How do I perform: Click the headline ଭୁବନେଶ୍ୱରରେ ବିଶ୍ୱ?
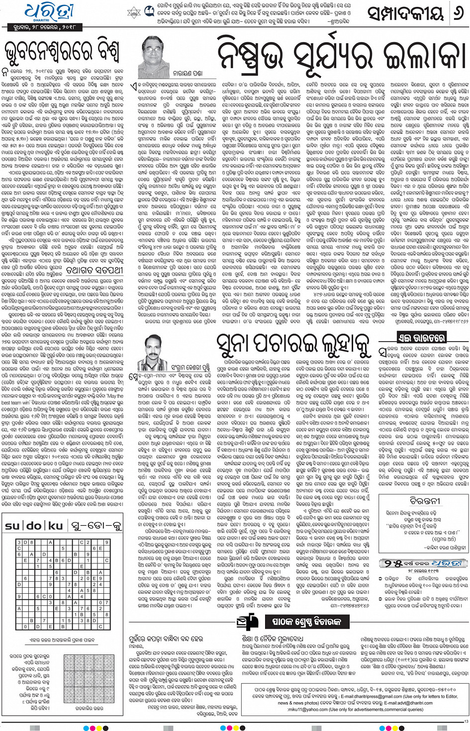[61, 52]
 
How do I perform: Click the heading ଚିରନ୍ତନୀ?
[424, 500]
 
